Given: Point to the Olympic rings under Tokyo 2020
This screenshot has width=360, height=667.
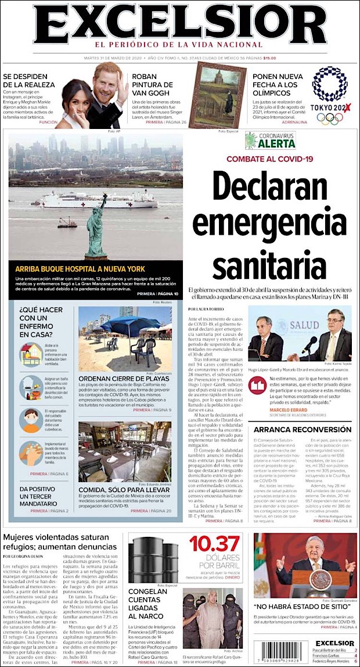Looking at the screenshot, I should pos(329,118).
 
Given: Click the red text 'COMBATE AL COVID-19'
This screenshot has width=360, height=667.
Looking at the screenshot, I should pos(270,159).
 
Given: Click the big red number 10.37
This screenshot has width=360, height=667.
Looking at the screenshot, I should pos(214,544).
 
